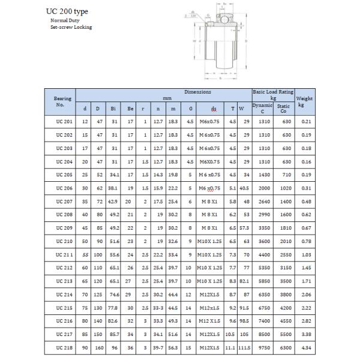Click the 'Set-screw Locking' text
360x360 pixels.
click(71, 28)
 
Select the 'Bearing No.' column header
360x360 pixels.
click(62, 101)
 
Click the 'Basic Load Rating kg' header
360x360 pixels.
click(272, 94)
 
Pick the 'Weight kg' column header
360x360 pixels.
click(304, 101)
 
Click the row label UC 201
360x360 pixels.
click(62, 122)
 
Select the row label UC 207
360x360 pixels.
click(62, 200)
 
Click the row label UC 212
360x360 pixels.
click(62, 266)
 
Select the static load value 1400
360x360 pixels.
click(286, 200)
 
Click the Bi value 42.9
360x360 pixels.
click(113, 200)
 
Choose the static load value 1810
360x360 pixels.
click(286, 227)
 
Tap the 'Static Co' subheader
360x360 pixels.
click(283, 109)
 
